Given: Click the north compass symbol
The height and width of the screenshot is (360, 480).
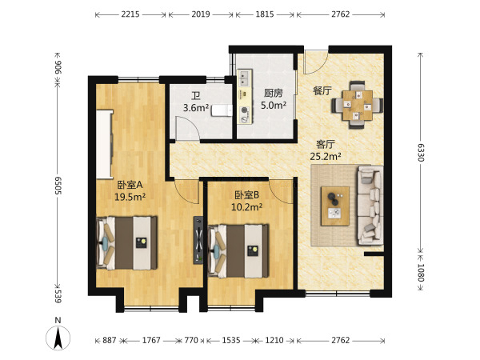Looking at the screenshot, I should [x=58, y=336].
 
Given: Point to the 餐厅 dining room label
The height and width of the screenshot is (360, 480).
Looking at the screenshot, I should [x=322, y=91].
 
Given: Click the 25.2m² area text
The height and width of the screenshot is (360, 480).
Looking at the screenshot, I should [x=326, y=157].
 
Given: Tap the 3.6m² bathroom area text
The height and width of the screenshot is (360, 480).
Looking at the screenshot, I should [x=195, y=107].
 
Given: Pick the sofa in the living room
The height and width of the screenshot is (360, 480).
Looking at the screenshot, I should [x=370, y=204].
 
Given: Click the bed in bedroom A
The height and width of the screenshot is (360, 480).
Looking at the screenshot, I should [x=128, y=243].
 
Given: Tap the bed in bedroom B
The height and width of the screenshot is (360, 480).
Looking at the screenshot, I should [x=238, y=249].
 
